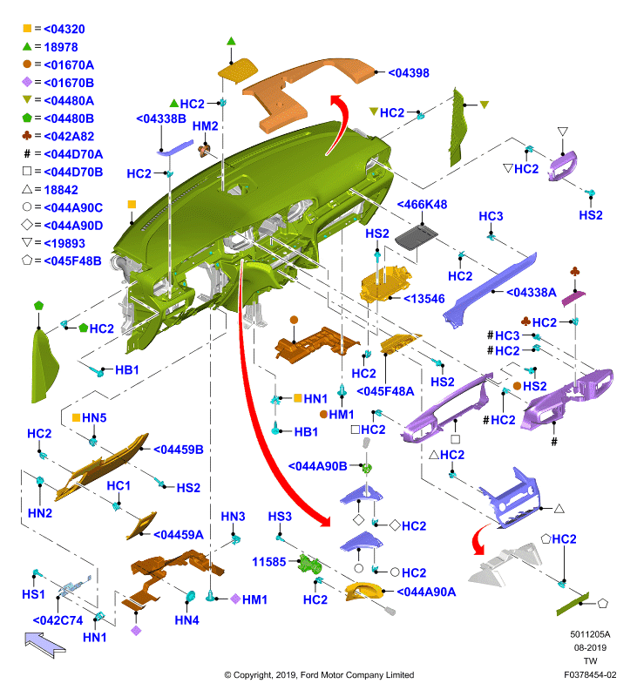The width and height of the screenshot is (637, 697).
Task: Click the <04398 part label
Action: pos(409,73)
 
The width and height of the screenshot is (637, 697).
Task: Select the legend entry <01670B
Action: pos(69,83)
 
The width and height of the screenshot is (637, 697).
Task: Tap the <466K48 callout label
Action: pos(422,205)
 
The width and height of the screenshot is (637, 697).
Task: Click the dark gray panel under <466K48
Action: pos(416,237)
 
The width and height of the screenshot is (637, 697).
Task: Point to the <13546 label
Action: pos(424,299)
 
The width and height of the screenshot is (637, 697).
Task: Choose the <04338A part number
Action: pos(532,292)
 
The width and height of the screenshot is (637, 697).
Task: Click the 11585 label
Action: pos(269,562)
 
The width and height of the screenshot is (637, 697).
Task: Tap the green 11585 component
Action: pos(310,565)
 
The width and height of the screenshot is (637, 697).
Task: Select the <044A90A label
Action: pos(426,592)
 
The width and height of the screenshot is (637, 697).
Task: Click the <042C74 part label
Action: pos(58,620)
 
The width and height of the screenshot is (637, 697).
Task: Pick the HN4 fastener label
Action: pos(186,620)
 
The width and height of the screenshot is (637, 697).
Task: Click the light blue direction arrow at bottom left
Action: pos(45,645)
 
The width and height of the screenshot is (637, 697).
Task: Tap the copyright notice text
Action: pos(319,674)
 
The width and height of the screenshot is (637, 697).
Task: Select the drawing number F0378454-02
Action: pos(590,674)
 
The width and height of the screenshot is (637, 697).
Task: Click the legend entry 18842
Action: pos(61,190)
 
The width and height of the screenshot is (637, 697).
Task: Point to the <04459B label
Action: pos(179,450)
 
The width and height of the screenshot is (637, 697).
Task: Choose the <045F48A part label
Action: pos(385,391)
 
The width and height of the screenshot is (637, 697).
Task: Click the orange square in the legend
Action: pos(27,29)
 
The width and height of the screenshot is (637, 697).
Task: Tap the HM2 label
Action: pos(205,126)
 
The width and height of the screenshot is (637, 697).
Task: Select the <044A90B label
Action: pos(318,466)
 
